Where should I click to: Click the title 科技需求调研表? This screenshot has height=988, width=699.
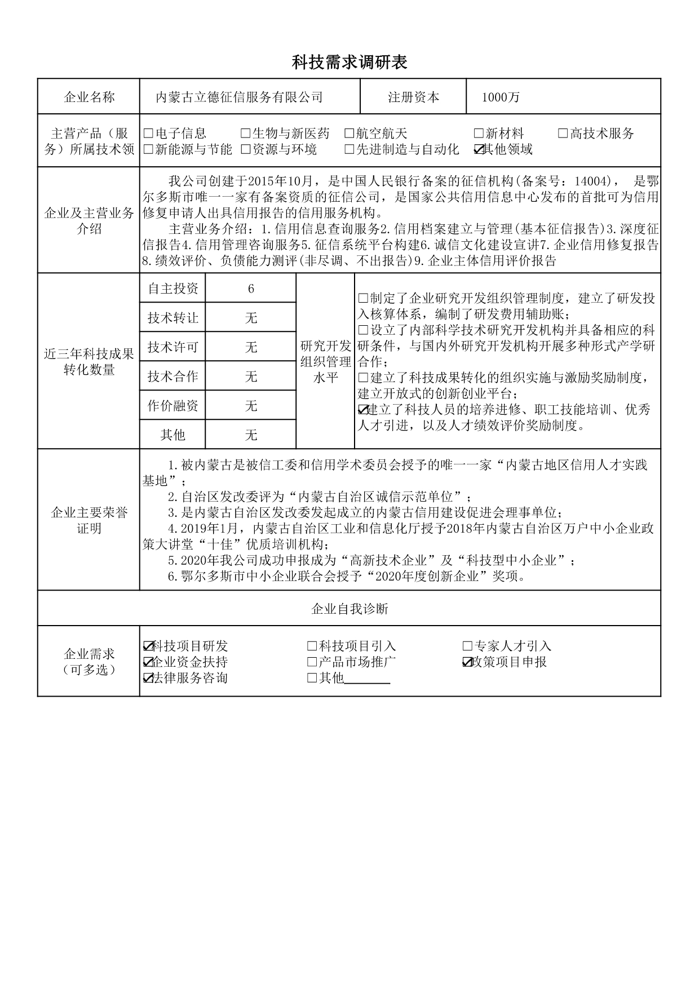pyautogui.click(x=349, y=63)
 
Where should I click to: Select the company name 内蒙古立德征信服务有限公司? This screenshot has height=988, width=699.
pyautogui.click(x=239, y=98)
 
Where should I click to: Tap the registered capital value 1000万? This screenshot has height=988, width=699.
pyautogui.click(x=501, y=98)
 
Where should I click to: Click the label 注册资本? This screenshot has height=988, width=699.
pyautogui.click(x=413, y=98)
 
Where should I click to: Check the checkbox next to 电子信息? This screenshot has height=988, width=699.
pyautogui.click(x=148, y=134)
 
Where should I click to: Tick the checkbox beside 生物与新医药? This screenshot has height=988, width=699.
pyautogui.click(x=245, y=134)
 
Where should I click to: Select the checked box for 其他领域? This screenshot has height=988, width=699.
pyautogui.click(x=479, y=149)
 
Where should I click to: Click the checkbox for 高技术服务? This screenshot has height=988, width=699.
pyautogui.click(x=563, y=134)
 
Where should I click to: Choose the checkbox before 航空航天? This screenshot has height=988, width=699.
pyautogui.click(x=349, y=134)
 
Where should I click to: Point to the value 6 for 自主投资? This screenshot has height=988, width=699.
pyautogui.click(x=251, y=289)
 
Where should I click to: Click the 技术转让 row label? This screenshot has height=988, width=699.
pyautogui.click(x=173, y=318)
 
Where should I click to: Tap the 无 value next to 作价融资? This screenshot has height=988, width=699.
pyautogui.click(x=251, y=406)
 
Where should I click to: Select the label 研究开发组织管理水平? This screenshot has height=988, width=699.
pyautogui.click(x=325, y=361)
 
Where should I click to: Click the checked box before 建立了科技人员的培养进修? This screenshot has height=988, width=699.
pyautogui.click(x=363, y=410)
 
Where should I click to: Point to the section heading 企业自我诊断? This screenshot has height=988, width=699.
pyautogui.click(x=349, y=609)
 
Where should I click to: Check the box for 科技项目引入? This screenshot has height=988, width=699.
pyautogui.click(x=312, y=646)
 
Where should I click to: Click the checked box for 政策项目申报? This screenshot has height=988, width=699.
pyautogui.click(x=467, y=662)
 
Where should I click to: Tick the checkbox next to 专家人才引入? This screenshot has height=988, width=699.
pyautogui.click(x=467, y=646)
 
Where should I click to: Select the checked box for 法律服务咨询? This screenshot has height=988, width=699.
pyautogui.click(x=148, y=678)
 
